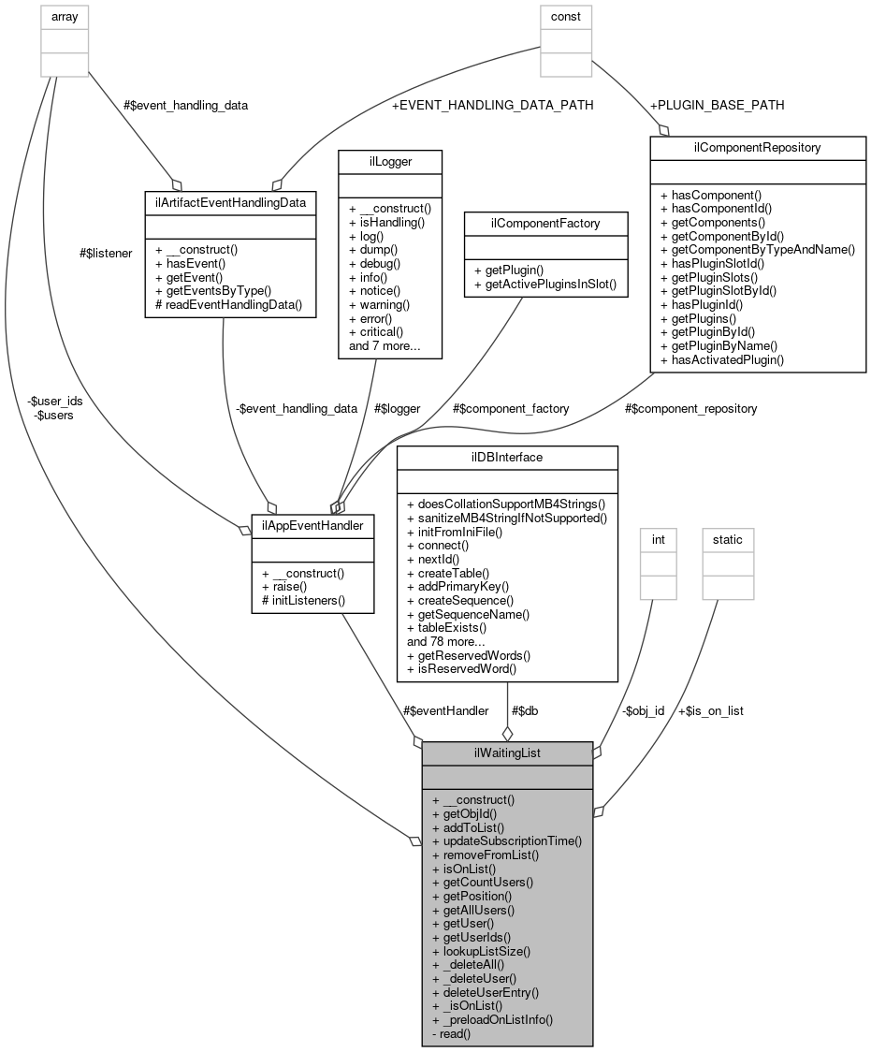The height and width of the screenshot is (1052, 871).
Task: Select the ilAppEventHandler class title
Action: (313, 526)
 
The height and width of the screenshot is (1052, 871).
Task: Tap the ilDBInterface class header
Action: (507, 458)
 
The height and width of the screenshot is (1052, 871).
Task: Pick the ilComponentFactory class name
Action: (545, 223)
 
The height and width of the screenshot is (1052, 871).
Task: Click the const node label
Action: (564, 16)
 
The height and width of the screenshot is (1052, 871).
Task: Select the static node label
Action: (727, 539)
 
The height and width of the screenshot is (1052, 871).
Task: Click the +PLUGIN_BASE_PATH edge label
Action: (719, 104)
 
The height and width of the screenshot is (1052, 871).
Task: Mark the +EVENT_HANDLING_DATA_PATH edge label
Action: (492, 105)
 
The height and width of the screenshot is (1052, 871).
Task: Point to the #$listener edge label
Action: (106, 252)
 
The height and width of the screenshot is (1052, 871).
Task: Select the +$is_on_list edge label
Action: (710, 710)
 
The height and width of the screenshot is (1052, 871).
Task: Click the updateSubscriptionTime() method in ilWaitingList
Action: (507, 840)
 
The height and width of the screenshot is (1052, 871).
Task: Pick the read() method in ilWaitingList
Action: (451, 1033)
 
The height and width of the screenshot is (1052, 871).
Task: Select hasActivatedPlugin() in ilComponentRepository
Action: (722, 358)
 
